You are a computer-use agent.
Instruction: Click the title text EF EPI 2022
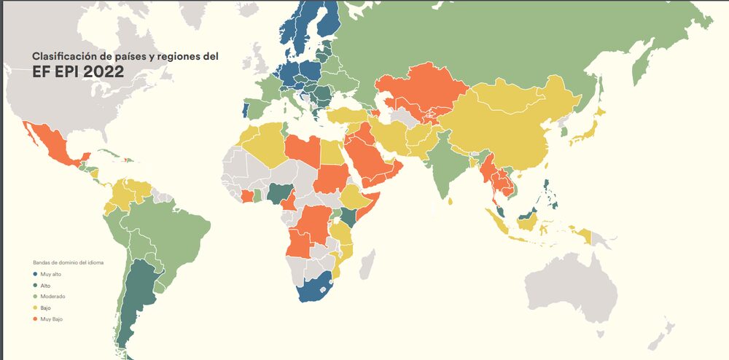point(77,71)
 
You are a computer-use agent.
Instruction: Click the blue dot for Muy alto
point(35,274)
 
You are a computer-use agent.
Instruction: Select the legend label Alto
point(45,285)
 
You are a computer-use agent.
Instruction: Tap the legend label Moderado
point(52,297)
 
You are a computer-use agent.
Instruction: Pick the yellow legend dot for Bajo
point(35,308)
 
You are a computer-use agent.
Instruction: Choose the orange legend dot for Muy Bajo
point(35,319)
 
